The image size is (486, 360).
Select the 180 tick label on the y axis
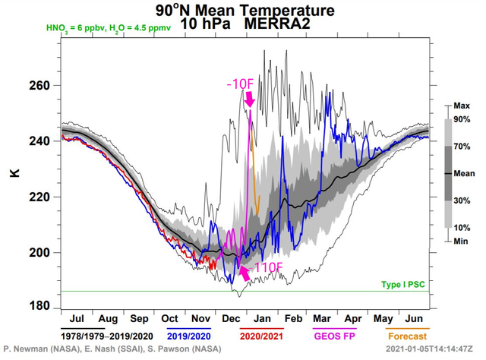[39, 307]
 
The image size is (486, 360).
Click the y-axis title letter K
[13, 174]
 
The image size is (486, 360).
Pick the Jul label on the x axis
[76, 319]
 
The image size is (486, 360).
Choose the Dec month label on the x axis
[230, 319]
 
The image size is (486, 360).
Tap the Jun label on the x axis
[415, 319]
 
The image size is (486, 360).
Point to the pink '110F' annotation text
[268, 267]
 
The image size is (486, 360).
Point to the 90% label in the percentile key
[461, 120]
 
